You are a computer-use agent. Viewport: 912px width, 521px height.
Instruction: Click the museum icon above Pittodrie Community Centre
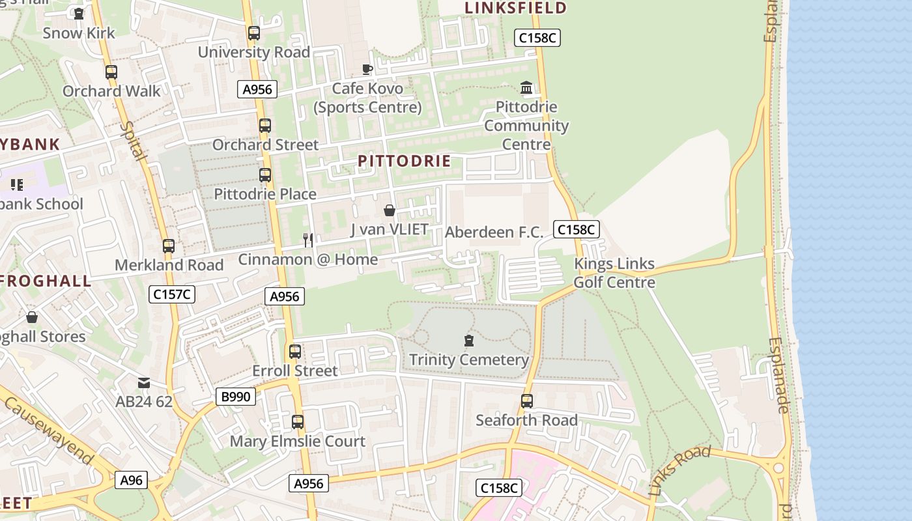[526, 87]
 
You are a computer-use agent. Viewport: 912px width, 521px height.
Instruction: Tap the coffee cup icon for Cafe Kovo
[367, 69]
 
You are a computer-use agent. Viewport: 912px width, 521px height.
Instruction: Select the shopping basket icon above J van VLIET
[390, 210]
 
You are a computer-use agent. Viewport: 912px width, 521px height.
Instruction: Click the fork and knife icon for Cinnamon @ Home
[308, 240]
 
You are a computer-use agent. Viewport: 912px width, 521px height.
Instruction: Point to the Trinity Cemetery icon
[468, 341]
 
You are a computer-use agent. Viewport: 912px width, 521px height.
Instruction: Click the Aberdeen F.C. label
[494, 232]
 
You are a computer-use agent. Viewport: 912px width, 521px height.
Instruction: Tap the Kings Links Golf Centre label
[614, 273]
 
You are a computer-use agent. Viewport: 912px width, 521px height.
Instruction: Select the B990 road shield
[236, 396]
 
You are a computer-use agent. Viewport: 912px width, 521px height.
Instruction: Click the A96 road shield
[131, 481]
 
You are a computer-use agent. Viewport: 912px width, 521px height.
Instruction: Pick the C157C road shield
[172, 294]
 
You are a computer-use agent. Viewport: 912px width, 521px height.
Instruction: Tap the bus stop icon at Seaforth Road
[527, 401]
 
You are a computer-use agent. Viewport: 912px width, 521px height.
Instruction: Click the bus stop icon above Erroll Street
[295, 352]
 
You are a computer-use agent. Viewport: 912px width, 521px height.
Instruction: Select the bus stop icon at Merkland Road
[169, 246]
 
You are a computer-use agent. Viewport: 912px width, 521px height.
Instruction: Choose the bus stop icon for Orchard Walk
[111, 72]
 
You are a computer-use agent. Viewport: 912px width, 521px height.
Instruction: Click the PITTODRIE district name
[405, 161]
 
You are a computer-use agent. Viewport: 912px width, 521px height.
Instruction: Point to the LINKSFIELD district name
[515, 8]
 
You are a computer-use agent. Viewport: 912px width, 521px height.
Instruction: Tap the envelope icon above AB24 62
[144, 383]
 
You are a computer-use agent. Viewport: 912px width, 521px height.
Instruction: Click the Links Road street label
[679, 470]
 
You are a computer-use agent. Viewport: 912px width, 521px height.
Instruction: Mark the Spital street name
[134, 141]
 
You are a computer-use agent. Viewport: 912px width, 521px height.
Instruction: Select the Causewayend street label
[48, 429]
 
